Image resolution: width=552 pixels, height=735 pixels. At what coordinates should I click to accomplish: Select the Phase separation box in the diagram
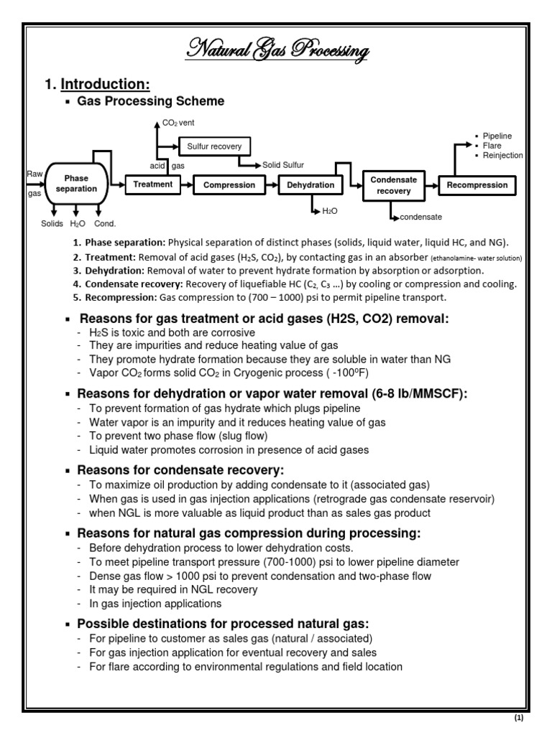tap(80, 184)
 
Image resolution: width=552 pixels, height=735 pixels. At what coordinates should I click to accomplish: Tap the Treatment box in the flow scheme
tap(152, 184)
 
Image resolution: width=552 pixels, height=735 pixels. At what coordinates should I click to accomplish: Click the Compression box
tap(229, 185)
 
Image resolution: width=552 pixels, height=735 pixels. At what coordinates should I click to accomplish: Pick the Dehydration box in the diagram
tap(310, 185)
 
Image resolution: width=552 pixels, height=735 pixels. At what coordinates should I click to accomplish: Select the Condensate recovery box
tap(393, 185)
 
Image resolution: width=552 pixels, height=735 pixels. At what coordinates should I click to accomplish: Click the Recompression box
tap(477, 185)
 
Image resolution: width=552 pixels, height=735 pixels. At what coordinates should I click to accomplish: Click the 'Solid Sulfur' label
tap(283, 165)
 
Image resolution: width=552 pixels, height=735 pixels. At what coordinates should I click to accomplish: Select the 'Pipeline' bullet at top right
tap(497, 136)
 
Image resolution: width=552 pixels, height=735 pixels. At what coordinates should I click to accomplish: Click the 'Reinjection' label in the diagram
tap(502, 155)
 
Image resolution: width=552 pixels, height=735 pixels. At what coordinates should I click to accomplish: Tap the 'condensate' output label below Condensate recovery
tap(420, 217)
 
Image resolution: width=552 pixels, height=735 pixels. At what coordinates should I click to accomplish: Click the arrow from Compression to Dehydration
tap(270, 185)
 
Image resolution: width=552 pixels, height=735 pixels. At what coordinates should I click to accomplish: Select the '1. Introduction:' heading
tap(98, 85)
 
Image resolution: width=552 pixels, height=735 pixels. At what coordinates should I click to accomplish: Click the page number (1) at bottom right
tap(520, 718)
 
